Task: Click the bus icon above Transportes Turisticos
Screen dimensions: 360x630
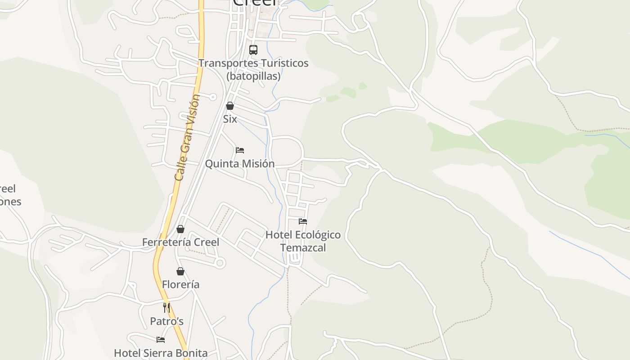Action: (x=253, y=50)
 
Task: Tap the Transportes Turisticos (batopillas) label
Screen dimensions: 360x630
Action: (x=253, y=69)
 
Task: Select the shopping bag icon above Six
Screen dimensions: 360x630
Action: (x=230, y=106)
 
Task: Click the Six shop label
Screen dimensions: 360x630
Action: (x=230, y=119)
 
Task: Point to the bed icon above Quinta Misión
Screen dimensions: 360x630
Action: (x=240, y=150)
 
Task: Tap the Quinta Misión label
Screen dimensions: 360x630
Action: (x=240, y=163)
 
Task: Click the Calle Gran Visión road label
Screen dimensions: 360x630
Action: (x=186, y=137)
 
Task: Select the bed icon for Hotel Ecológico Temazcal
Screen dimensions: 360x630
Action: (x=303, y=221)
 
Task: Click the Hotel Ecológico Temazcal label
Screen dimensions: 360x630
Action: (x=303, y=241)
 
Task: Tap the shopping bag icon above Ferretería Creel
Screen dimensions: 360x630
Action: (x=180, y=229)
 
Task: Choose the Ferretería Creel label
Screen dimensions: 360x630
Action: (x=180, y=242)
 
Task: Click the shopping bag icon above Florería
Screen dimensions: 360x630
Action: (x=180, y=271)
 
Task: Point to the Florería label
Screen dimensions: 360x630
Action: (x=180, y=284)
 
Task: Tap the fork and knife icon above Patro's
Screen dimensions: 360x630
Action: (x=166, y=308)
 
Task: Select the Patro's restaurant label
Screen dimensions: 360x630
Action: (x=166, y=321)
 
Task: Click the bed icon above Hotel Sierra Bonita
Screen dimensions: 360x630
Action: (x=161, y=340)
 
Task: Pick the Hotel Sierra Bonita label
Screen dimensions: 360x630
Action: (x=161, y=353)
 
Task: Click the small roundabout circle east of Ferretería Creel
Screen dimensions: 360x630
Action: (x=220, y=263)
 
